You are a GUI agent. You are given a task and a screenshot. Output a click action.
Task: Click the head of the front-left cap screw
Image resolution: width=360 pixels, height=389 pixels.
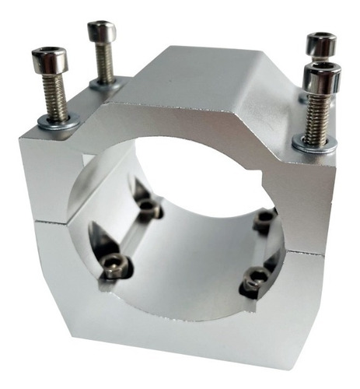48,63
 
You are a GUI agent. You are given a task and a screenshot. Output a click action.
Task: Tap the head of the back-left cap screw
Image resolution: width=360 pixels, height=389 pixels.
102,33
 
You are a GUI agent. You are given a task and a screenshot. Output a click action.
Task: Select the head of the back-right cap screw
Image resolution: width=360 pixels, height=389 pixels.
320,44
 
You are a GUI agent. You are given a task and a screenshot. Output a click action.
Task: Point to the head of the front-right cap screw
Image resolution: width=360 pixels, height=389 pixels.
321,78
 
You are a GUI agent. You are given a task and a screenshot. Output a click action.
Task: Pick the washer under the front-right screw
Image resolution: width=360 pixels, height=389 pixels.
314,144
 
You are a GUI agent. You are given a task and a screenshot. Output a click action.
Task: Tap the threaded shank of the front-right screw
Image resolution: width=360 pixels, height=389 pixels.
316,117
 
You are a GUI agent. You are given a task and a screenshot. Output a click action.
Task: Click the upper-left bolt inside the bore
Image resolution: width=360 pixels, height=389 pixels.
149,208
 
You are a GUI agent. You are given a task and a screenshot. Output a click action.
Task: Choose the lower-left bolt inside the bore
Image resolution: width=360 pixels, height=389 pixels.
115,268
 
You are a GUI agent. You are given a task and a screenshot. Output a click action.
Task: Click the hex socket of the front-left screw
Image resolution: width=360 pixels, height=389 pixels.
48,54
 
